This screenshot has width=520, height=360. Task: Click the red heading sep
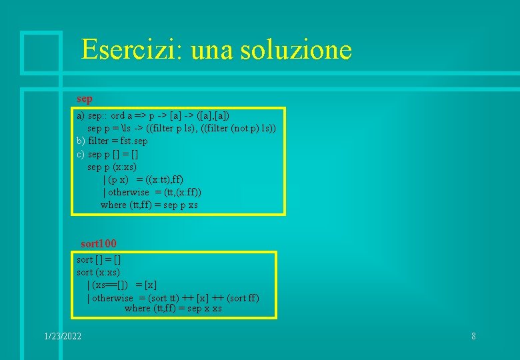(x=85, y=99)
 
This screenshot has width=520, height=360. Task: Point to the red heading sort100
(x=99, y=244)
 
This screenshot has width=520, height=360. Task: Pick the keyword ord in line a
(x=119, y=115)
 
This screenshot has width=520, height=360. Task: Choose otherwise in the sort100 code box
(x=113, y=298)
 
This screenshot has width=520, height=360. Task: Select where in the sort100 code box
(x=137, y=308)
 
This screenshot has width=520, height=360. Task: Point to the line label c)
(x=81, y=154)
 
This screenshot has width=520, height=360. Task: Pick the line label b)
(x=81, y=141)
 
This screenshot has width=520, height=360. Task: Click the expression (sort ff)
(x=243, y=298)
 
